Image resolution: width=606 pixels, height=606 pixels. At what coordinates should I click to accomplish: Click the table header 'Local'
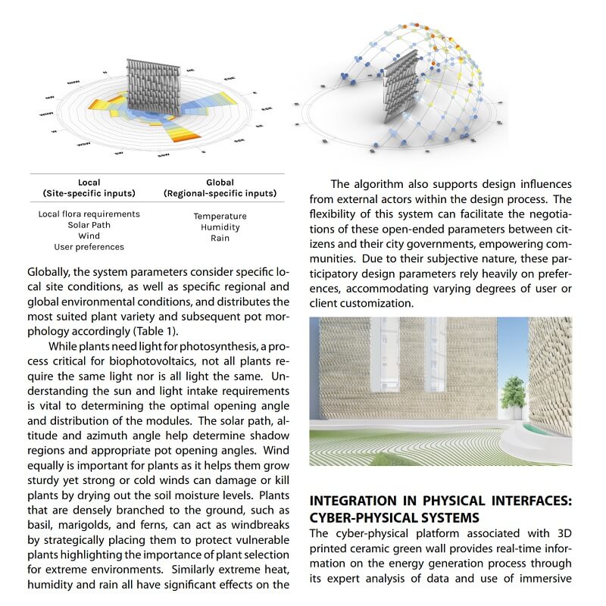[89, 183]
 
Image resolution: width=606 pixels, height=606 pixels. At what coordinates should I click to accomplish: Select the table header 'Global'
[220, 183]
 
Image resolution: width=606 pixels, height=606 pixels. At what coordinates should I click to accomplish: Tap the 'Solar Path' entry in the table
[89, 225]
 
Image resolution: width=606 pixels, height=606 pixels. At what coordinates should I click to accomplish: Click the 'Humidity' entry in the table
[220, 227]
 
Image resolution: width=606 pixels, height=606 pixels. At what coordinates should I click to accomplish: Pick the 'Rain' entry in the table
[220, 238]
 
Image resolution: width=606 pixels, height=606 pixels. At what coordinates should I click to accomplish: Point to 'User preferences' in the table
[89, 247]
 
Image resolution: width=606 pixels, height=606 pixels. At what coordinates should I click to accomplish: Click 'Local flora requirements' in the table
[89, 214]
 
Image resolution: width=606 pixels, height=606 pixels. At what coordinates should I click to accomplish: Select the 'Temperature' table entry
[220, 217]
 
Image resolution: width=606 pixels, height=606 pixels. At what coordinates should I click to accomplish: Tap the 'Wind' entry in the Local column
[89, 236]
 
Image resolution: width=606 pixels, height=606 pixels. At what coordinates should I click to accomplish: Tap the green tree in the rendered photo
[514, 392]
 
